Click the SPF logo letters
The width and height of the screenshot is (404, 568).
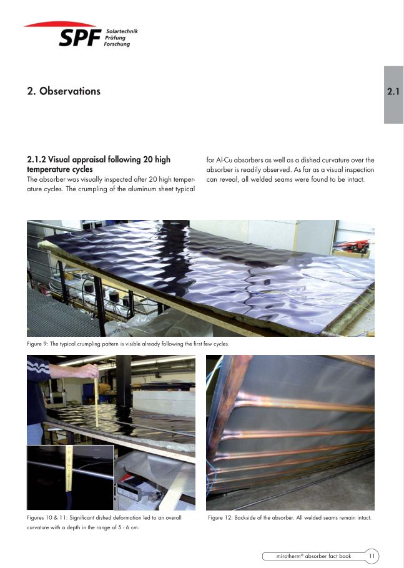[x=80, y=37]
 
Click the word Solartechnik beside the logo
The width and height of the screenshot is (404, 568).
[x=122, y=31]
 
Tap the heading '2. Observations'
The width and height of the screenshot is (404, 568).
[x=64, y=91]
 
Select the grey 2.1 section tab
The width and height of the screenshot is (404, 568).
[x=393, y=94]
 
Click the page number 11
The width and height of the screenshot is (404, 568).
[x=372, y=556]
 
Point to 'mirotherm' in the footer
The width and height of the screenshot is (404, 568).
[x=288, y=556]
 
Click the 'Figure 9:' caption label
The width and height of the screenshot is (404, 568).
[x=37, y=344]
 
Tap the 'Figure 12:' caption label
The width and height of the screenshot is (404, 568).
[x=220, y=517]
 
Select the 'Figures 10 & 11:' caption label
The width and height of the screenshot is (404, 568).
[x=47, y=517]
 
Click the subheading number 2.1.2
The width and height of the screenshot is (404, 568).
[x=37, y=159]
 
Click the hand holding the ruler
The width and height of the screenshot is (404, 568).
[x=86, y=371]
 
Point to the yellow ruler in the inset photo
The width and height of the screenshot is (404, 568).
[x=69, y=469]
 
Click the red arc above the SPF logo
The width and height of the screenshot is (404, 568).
[x=59, y=24]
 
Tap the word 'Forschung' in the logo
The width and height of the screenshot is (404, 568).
[x=117, y=44]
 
